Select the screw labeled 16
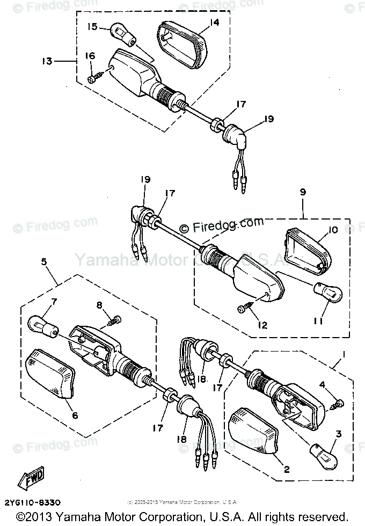93,78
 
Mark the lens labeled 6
52,374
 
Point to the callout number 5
44,262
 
